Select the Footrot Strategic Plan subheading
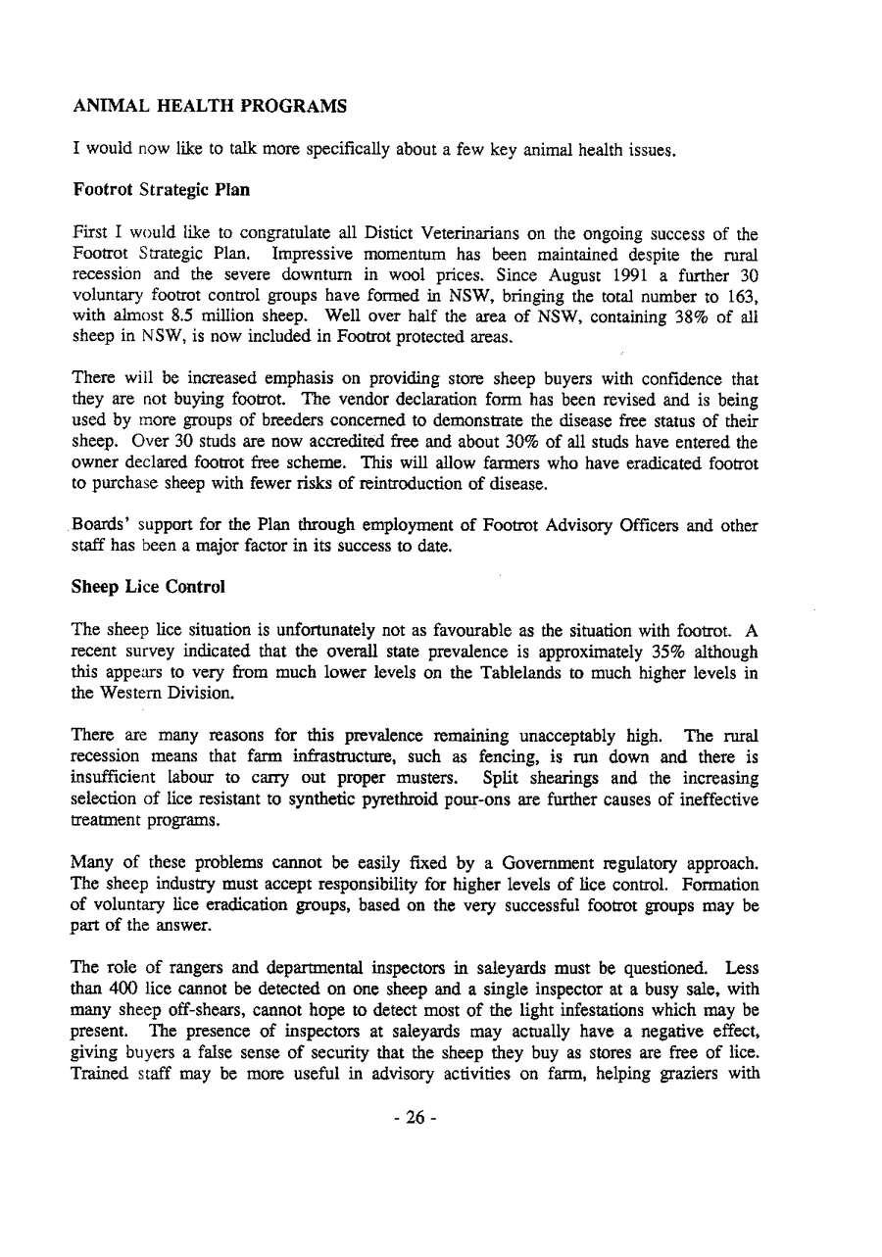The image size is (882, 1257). tap(162, 190)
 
